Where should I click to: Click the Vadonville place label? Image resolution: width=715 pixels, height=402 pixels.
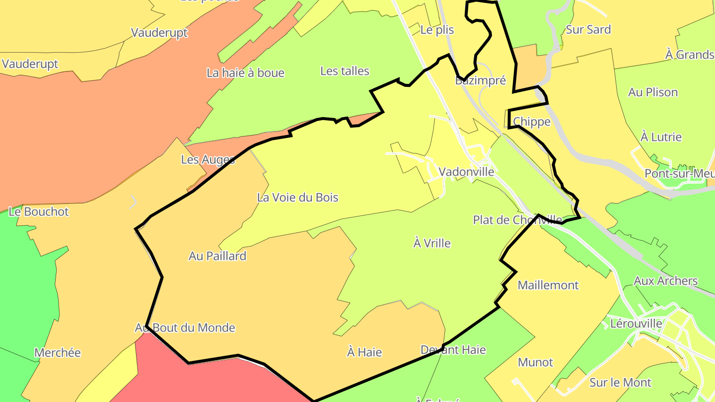click(466, 172)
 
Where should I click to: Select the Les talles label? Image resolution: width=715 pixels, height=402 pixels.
click(345, 71)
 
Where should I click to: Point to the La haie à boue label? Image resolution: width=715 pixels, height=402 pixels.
click(245, 73)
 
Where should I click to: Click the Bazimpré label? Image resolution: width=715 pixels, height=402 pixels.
click(480, 80)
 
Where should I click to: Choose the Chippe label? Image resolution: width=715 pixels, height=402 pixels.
click(532, 122)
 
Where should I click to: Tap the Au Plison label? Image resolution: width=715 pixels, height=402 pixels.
click(653, 92)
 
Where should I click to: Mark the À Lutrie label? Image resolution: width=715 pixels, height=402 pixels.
click(661, 137)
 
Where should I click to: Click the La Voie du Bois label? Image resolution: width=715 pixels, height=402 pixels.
click(297, 198)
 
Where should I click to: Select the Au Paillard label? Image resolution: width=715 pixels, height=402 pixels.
click(217, 256)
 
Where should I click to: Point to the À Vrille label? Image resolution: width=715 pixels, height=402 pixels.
click(432, 243)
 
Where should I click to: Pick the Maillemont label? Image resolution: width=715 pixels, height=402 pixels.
click(548, 285)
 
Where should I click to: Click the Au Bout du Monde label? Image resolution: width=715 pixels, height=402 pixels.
click(185, 328)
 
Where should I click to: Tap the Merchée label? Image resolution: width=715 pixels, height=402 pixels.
click(58, 353)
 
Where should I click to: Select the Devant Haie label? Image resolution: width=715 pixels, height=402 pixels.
click(453, 350)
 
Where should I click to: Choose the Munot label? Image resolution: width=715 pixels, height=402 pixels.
click(535, 362)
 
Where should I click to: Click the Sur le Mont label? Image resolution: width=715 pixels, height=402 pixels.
click(621, 383)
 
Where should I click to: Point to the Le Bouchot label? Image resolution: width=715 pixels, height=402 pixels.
click(39, 211)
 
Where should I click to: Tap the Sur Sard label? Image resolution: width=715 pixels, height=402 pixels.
click(588, 29)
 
